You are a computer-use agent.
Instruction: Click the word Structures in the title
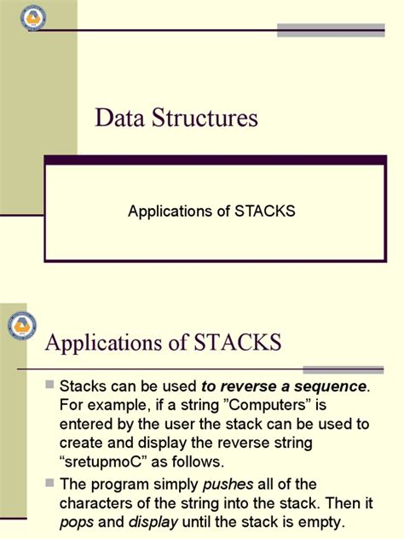[203, 118]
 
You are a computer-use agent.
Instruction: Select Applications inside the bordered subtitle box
[171, 210]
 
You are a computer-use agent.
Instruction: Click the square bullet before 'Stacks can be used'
[49, 386]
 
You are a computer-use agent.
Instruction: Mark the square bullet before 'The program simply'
[49, 484]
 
